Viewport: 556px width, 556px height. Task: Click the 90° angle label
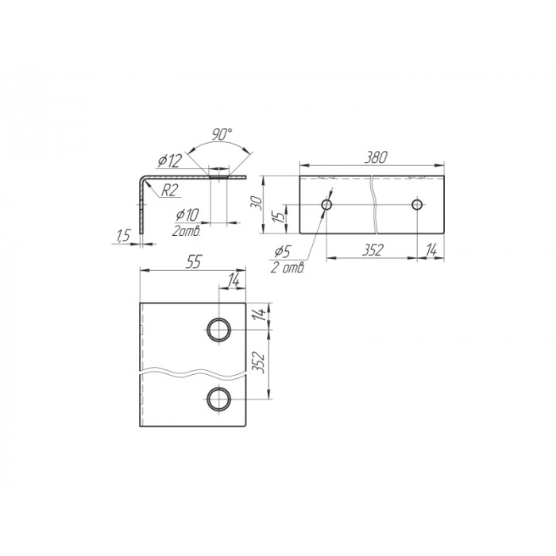(x=222, y=134)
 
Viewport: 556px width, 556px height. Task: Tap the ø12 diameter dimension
(x=170, y=160)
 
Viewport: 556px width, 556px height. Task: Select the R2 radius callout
(x=168, y=191)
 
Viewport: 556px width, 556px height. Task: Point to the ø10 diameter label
(x=187, y=215)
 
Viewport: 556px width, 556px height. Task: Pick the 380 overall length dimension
(x=376, y=157)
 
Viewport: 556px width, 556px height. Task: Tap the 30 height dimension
(x=258, y=203)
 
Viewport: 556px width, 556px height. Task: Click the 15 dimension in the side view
(x=280, y=216)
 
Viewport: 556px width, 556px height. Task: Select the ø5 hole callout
(x=282, y=252)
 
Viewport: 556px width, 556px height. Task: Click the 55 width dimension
(x=194, y=262)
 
